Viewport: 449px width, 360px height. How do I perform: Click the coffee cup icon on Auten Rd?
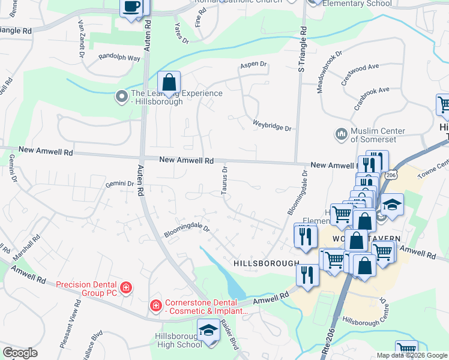pos(131,8)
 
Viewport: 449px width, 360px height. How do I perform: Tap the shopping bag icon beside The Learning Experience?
pos(169,82)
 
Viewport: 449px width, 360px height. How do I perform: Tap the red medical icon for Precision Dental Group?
pos(125,287)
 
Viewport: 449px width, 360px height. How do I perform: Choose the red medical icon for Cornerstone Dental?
pos(155,306)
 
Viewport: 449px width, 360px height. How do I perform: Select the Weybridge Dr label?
pos(272,128)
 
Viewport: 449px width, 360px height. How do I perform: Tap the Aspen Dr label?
pos(253,64)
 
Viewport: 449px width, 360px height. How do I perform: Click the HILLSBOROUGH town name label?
pos(265,263)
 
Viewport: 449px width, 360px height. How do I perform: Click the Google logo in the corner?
pos(20,353)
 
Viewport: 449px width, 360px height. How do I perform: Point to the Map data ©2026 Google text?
pos(411,355)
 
